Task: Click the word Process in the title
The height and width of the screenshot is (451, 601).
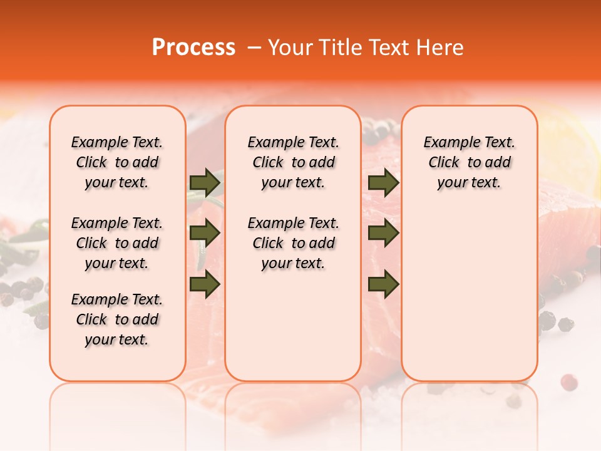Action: click(193, 48)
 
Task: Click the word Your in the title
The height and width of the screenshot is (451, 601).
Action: click(288, 48)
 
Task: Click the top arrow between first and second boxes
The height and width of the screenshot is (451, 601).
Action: click(205, 182)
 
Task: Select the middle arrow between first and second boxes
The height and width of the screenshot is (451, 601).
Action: click(205, 234)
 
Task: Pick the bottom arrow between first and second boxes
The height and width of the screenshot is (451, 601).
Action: click(205, 284)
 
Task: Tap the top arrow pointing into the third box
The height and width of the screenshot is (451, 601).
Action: click(383, 182)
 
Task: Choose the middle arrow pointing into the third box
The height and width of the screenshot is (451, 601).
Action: click(383, 234)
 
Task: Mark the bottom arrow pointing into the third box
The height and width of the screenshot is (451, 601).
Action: click(383, 284)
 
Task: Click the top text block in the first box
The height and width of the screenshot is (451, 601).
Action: click(117, 162)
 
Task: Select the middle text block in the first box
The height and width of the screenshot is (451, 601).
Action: click(117, 243)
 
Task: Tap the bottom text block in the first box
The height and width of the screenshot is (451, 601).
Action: click(117, 319)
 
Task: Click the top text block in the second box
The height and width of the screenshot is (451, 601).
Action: click(293, 162)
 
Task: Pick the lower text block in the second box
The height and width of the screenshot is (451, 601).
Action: click(293, 243)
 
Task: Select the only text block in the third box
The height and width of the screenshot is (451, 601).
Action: click(469, 162)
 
